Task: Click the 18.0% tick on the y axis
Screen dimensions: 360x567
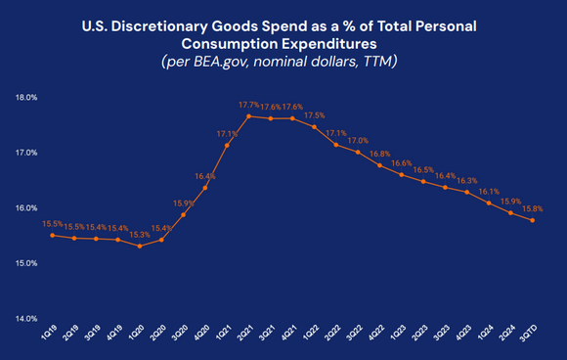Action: (x=25, y=98)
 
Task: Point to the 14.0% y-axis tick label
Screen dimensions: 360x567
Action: (x=25, y=318)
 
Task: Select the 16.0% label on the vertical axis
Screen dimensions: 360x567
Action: (x=25, y=208)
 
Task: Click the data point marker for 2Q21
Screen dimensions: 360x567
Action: (x=247, y=116)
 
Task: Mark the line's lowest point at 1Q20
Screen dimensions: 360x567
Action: (x=140, y=247)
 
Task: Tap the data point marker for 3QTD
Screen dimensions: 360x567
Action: (x=532, y=220)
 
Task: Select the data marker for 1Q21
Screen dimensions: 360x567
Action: (x=226, y=146)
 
